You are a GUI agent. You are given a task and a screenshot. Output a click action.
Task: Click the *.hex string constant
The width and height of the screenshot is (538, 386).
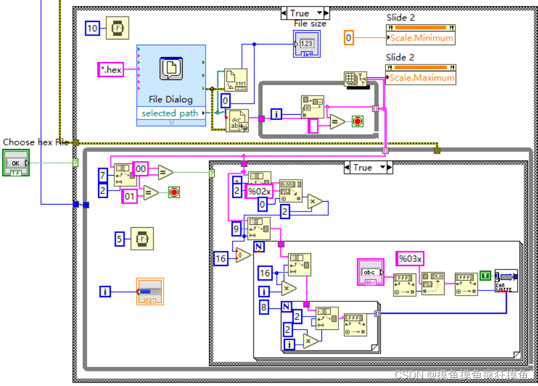click(x=110, y=70)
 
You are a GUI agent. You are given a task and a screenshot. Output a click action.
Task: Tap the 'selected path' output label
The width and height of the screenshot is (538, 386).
click(x=169, y=114)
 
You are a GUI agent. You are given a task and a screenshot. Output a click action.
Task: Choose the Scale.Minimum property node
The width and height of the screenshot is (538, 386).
click(x=420, y=38)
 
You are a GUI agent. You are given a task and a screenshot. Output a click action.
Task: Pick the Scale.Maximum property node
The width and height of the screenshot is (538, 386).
click(x=420, y=78)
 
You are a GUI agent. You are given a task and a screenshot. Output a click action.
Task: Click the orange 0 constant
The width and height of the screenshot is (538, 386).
click(x=348, y=38)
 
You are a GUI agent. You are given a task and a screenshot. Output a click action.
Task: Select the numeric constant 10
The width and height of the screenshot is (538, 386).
click(x=92, y=28)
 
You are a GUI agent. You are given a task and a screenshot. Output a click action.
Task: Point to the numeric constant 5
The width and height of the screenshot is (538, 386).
click(x=120, y=238)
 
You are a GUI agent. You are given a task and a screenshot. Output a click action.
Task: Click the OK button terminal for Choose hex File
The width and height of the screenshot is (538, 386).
click(x=16, y=163)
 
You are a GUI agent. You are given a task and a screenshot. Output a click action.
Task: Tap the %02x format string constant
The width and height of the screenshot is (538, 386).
click(x=259, y=191)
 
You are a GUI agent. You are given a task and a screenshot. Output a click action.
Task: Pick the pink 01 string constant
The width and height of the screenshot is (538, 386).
click(x=129, y=197)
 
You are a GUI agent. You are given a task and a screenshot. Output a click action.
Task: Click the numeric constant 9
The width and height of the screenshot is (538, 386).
click(x=236, y=230)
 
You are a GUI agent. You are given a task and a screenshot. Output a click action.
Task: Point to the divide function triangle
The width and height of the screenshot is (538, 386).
click(x=243, y=256)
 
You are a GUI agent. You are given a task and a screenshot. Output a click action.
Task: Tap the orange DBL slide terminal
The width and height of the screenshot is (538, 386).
click(x=150, y=292)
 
